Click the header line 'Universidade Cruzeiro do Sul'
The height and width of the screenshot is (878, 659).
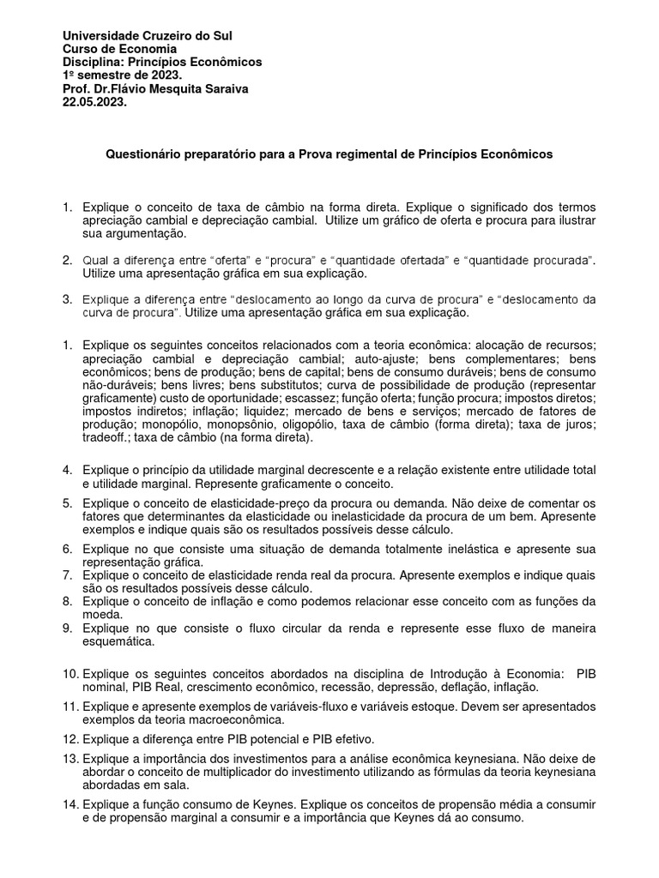(148, 36)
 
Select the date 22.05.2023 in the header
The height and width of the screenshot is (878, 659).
(95, 101)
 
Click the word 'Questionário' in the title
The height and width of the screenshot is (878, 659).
(142, 154)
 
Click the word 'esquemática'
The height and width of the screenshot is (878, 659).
(119, 640)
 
